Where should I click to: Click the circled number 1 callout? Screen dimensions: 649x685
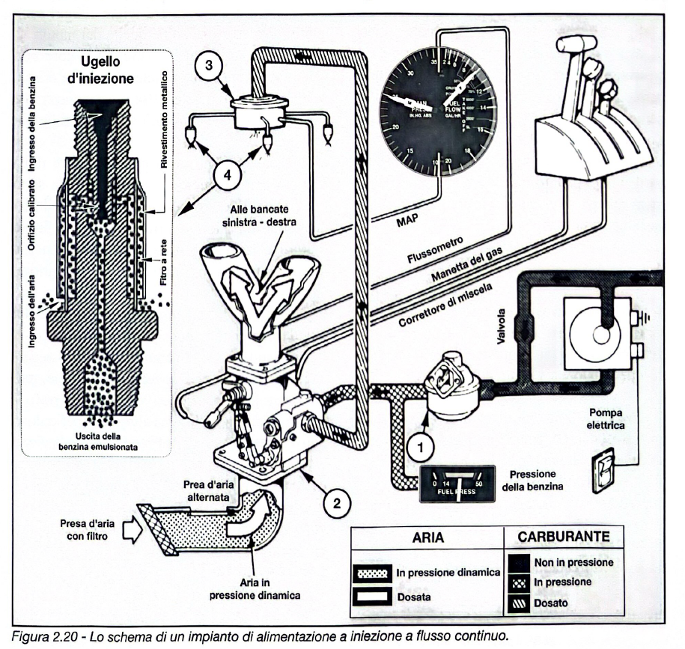click(x=420, y=448)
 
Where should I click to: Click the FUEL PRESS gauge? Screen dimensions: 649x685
click(x=456, y=484)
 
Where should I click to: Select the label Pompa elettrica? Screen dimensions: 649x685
click(x=605, y=418)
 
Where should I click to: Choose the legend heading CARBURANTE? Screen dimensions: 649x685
click(x=567, y=537)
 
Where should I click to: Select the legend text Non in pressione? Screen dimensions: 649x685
click(x=574, y=561)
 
